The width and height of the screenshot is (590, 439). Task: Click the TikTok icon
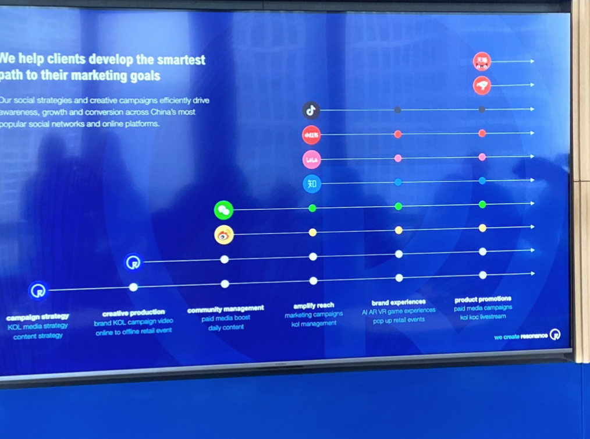[311, 110]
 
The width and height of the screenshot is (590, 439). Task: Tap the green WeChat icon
[223, 210]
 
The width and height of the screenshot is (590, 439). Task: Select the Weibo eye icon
[223, 235]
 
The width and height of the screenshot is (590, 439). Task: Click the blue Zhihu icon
[312, 184]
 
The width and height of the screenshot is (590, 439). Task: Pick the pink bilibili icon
[312, 160]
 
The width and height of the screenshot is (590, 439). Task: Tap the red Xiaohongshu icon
[311, 135]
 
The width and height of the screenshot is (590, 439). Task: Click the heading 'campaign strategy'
[38, 317]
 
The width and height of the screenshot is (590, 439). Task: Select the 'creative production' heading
[133, 313]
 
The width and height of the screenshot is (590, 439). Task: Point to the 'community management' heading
[225, 309]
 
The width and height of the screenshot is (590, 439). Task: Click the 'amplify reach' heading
[314, 306]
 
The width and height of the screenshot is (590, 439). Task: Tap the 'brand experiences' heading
[399, 302]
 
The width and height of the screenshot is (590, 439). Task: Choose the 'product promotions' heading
[483, 299]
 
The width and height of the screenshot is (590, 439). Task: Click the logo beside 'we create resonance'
[555, 335]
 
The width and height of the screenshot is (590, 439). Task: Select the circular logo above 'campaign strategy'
[38, 290]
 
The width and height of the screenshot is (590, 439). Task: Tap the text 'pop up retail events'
[399, 320]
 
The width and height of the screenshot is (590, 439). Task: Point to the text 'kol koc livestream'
[483, 317]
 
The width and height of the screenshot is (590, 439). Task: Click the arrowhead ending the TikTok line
[532, 109]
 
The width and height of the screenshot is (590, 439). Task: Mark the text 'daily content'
[226, 328]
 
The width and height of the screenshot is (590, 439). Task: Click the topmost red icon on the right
[482, 61]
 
